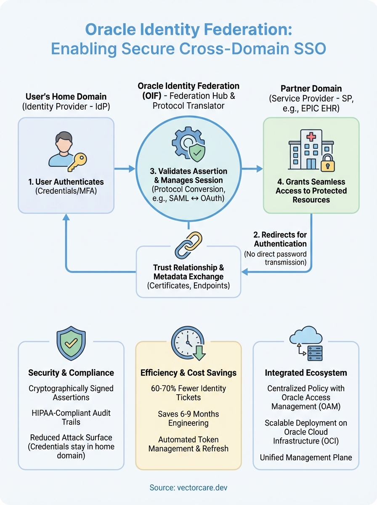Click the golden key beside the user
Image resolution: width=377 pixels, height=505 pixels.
[x=77, y=161]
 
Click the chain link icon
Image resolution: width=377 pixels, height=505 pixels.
[x=188, y=245]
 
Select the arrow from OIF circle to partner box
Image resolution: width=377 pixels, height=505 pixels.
[x=253, y=169]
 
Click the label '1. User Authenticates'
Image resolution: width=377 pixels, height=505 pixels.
[x=66, y=182]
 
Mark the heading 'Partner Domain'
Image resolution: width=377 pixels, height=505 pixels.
[x=311, y=89]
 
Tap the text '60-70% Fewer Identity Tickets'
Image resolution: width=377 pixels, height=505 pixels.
[x=188, y=393]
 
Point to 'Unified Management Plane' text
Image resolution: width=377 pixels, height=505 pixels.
[x=306, y=457]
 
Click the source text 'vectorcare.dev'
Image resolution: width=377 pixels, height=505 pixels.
[x=188, y=487]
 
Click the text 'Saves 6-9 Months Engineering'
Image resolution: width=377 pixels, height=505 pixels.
[x=188, y=418]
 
